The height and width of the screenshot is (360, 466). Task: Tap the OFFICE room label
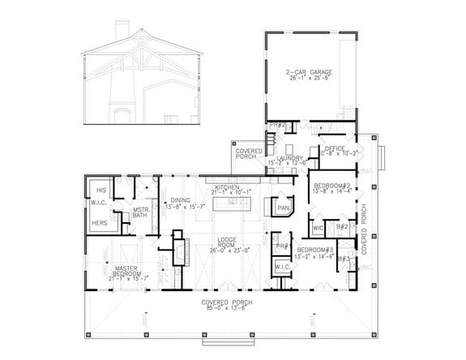(336, 148)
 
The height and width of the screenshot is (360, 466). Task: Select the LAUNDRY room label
(289, 158)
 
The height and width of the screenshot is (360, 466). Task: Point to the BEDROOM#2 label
(331, 186)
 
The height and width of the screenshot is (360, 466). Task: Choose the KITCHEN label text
(227, 187)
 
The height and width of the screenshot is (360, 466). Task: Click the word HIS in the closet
(101, 190)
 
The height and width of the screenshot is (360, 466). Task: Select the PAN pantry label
(283, 208)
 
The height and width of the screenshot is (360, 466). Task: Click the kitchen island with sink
(234, 204)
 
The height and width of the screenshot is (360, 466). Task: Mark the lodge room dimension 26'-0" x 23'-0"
(227, 251)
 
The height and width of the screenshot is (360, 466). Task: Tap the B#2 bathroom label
(342, 227)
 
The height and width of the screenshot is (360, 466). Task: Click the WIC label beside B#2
(318, 229)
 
